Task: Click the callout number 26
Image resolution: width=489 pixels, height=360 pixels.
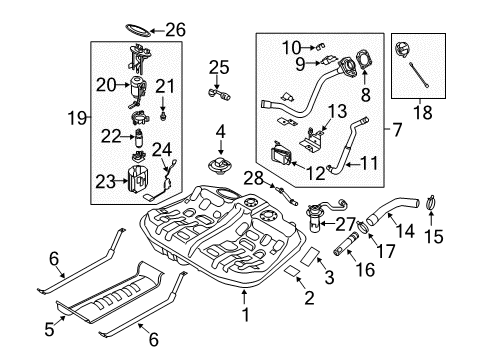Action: pos(175,29)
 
